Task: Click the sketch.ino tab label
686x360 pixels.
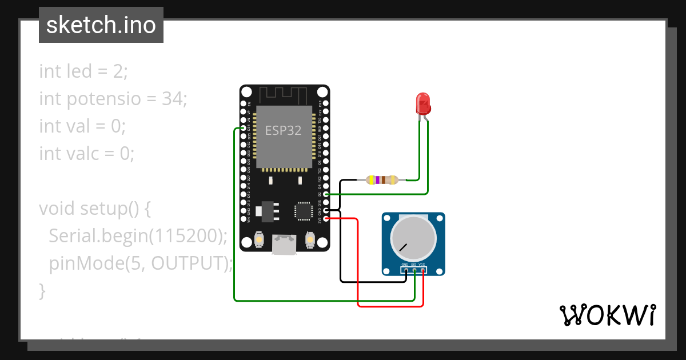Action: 101,25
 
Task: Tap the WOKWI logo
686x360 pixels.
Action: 607,315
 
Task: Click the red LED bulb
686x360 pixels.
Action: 423,103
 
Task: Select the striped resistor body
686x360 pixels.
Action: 382,180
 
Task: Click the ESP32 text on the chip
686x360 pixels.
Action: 283,130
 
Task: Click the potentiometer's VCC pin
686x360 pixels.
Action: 423,270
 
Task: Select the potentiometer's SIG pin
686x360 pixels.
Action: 414,270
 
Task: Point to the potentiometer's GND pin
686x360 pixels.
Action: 405,270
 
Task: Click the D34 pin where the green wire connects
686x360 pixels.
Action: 244,129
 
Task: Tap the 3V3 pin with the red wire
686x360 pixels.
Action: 326,218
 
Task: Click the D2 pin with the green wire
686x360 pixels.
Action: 326,194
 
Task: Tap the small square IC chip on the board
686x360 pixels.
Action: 302,211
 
